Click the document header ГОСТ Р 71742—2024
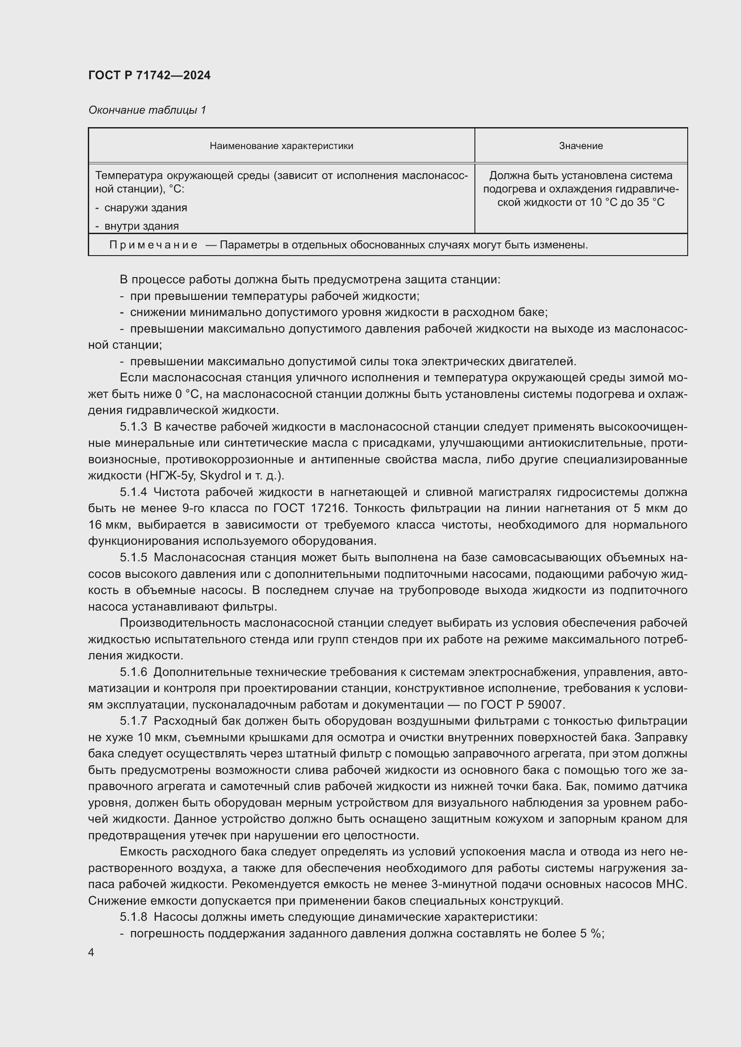(149, 76)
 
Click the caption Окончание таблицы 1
(147, 110)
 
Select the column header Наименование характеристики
(281, 146)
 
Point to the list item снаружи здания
(146, 208)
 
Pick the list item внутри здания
(142, 226)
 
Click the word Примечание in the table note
(153, 245)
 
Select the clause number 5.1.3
(133, 427)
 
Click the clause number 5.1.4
(133, 492)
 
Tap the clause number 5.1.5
(133, 558)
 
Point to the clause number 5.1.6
(133, 672)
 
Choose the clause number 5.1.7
(133, 722)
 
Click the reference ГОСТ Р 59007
(522, 705)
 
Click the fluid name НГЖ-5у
(171, 476)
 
